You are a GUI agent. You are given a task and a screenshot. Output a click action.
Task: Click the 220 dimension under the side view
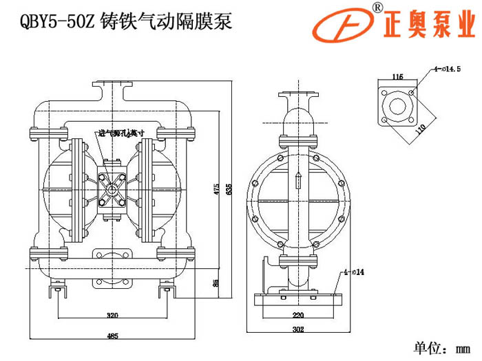coord(298,315)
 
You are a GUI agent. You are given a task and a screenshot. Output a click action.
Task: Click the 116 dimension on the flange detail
coord(397,76)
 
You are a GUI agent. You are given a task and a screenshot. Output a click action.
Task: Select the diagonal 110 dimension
coord(421,128)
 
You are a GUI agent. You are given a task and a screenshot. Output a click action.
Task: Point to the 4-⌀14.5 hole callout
coord(447,69)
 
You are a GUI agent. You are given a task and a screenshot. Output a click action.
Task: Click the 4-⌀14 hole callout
coord(355,273)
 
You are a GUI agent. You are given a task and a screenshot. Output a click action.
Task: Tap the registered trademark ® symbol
coord(377,7)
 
